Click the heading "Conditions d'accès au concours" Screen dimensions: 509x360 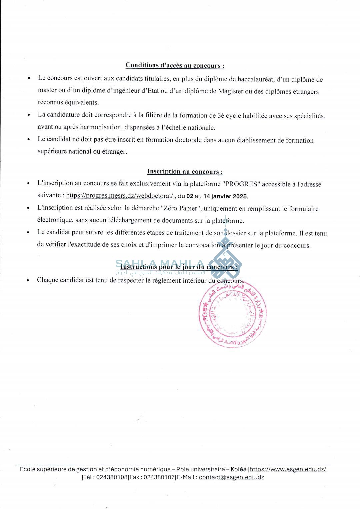[175, 65]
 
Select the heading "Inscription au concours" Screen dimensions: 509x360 [185, 171]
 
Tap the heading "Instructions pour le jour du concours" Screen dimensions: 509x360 [179, 267]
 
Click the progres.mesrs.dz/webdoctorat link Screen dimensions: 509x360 [119, 196]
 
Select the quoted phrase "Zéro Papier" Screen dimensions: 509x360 [180, 209]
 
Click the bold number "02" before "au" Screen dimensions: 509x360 [190, 196]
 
